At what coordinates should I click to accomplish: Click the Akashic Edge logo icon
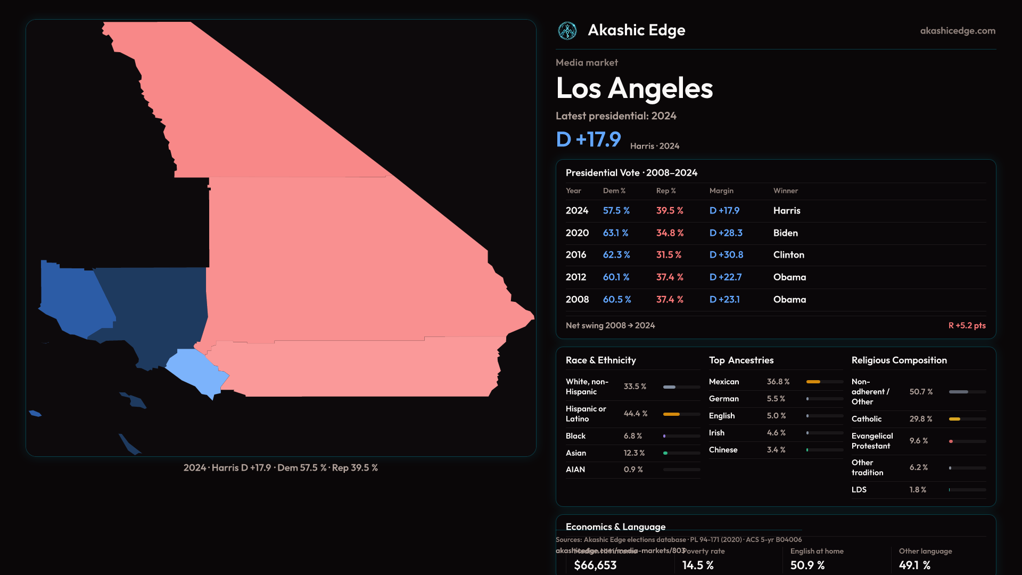[567, 31]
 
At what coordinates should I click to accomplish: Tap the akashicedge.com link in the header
[958, 31]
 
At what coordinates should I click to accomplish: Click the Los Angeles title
[634, 88]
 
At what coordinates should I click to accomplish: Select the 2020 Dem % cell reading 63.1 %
[615, 233]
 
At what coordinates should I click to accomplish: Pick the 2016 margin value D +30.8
[726, 255]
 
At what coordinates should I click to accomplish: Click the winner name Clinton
[788, 255]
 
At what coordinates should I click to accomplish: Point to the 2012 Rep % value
[669, 277]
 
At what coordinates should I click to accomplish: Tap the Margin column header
[721, 191]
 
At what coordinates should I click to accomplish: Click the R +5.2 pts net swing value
[967, 325]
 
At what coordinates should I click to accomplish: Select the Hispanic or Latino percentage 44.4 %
[636, 414]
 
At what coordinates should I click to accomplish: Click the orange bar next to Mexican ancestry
[813, 382]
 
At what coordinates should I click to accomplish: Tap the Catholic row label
[866, 419]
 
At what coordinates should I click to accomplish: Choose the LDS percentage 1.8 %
[918, 490]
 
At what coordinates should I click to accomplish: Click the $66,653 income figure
[595, 565]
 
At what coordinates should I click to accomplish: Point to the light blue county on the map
[194, 370]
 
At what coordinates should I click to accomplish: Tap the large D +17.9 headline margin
[588, 139]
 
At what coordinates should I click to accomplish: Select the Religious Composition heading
[899, 360]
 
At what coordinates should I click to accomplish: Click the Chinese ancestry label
[723, 450]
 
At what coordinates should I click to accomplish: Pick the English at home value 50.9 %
[807, 565]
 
